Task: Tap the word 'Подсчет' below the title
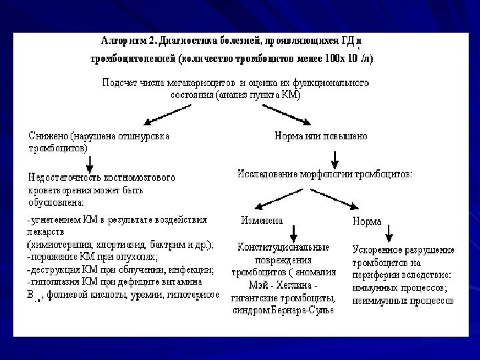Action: (120, 83)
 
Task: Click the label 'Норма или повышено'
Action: (320, 135)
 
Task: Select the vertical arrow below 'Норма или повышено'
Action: (335, 158)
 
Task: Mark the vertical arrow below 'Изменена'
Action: (291, 233)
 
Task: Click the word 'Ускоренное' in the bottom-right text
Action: (377, 250)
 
